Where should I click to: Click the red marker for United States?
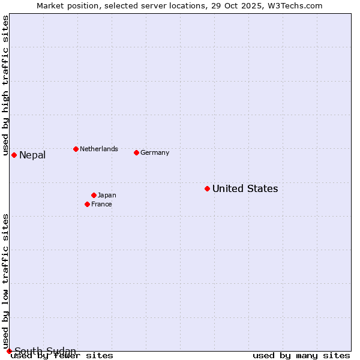(207, 188)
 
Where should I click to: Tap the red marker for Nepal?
(14, 155)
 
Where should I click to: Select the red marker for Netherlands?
(76, 149)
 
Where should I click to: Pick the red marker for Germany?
(136, 152)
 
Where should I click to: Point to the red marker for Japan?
(94, 195)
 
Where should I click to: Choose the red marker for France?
(87, 204)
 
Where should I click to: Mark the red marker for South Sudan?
(9, 351)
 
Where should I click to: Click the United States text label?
(245, 188)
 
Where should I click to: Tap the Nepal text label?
(32, 155)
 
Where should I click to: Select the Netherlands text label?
(99, 149)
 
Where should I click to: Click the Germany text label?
(155, 152)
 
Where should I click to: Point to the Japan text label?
(107, 195)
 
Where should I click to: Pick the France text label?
(101, 204)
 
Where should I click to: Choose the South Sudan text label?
(46, 351)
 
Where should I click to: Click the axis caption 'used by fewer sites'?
(62, 356)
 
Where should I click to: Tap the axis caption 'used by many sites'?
(301, 356)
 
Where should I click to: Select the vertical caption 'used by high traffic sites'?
(5, 86)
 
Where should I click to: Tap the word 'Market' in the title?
(50, 5)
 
